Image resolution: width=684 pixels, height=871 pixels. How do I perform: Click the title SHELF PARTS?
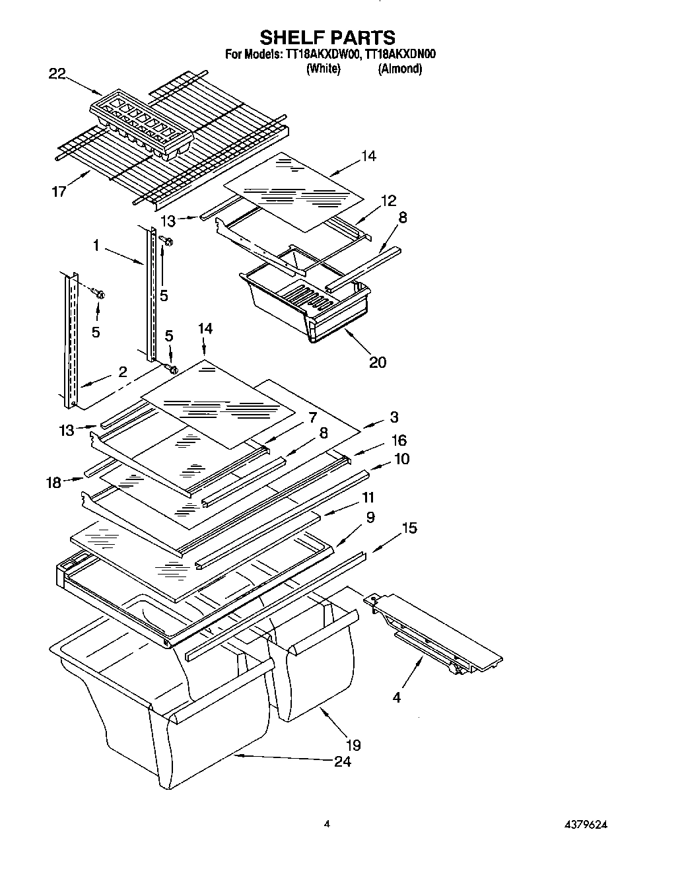click(327, 37)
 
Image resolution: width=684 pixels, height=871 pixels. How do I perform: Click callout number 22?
click(57, 74)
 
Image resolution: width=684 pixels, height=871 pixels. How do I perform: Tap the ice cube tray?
click(142, 123)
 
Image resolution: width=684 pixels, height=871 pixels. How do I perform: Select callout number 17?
click(59, 192)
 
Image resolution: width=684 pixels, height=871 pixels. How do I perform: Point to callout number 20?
click(378, 362)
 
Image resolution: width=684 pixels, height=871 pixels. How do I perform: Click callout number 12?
click(389, 201)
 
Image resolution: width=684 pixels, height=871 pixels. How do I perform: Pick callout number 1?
click(96, 246)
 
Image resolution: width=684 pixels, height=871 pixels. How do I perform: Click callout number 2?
click(123, 372)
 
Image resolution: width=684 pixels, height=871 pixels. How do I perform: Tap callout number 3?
click(394, 417)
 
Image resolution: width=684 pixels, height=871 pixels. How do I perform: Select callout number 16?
click(399, 440)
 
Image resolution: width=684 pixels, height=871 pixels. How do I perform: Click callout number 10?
click(401, 458)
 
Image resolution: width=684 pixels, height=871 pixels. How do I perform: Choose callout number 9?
click(370, 518)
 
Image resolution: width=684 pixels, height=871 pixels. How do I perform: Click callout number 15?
click(409, 528)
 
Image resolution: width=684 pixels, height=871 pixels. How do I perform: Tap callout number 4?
click(396, 696)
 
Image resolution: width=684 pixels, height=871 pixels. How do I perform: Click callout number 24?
click(342, 761)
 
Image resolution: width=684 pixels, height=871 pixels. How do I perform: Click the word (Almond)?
click(399, 69)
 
